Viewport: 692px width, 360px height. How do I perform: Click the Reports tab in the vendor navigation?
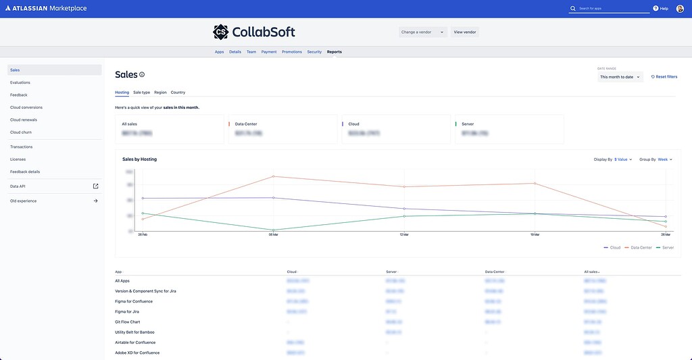[335, 52]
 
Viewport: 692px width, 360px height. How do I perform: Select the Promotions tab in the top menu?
[292, 52]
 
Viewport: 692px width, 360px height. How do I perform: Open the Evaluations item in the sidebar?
[20, 82]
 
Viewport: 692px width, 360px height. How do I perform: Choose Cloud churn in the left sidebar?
[21, 132]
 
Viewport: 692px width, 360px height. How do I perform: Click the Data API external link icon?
[95, 186]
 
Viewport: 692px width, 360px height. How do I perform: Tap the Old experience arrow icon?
[95, 201]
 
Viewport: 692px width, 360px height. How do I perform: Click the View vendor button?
[465, 32]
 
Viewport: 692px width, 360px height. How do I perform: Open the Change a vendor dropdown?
[422, 32]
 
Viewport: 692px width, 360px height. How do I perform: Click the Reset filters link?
[664, 77]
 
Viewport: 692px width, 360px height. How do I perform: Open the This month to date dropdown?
[620, 77]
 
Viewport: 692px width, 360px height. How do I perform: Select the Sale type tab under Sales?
[141, 92]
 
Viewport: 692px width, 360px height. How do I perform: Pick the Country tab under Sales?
[178, 92]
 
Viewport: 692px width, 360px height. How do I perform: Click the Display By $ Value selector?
[622, 159]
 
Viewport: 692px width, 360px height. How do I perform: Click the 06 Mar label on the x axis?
[272, 235]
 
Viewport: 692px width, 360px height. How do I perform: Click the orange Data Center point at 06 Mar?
[273, 176]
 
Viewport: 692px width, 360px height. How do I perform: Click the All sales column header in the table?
[592, 272]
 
